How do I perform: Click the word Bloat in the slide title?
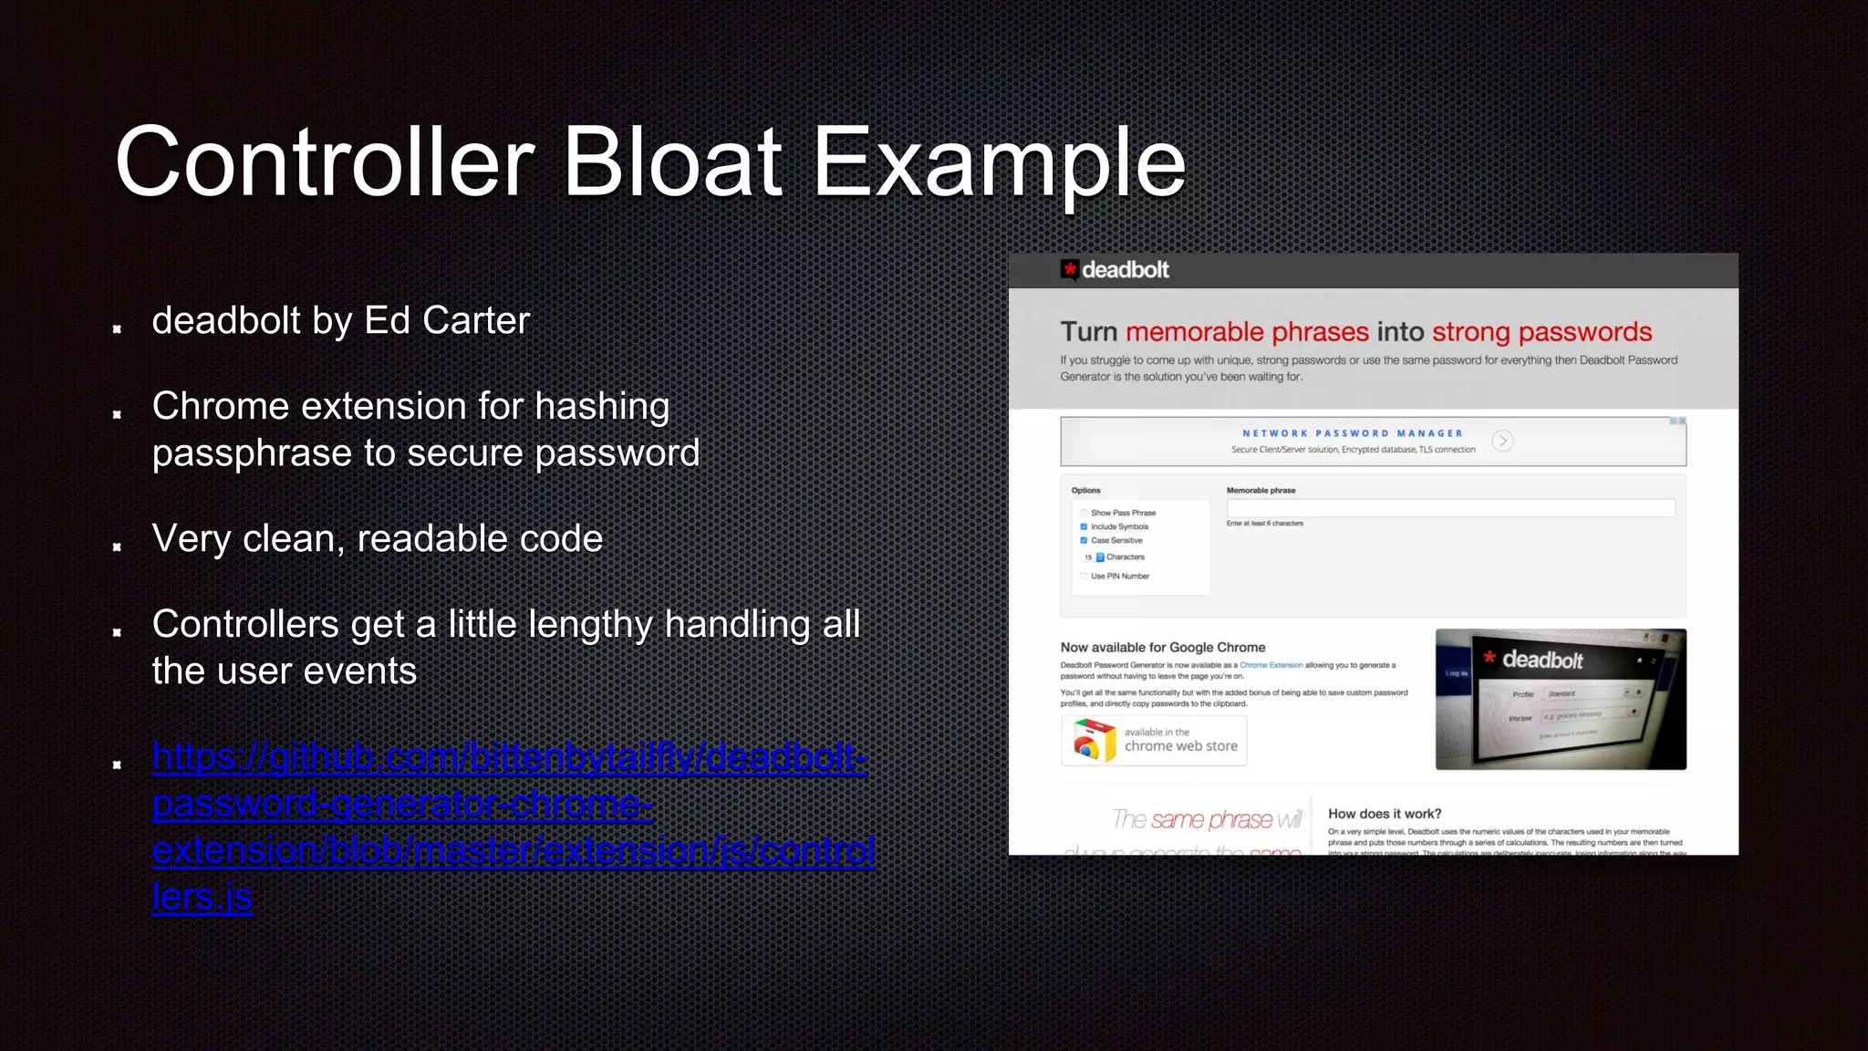673,162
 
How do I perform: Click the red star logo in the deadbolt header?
1069,269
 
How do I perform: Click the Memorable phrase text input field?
1450,508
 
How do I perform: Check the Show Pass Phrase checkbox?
1084,513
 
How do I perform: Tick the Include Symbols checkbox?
1084,526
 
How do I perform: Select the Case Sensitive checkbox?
1084,540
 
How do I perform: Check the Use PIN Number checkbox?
1084,576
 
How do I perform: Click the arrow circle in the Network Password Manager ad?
1502,441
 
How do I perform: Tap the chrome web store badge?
1154,740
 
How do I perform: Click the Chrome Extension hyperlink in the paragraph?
1271,665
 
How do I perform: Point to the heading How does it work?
1384,814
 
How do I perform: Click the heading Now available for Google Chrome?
1162,647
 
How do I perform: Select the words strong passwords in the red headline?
1541,332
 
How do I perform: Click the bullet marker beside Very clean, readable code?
117,546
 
